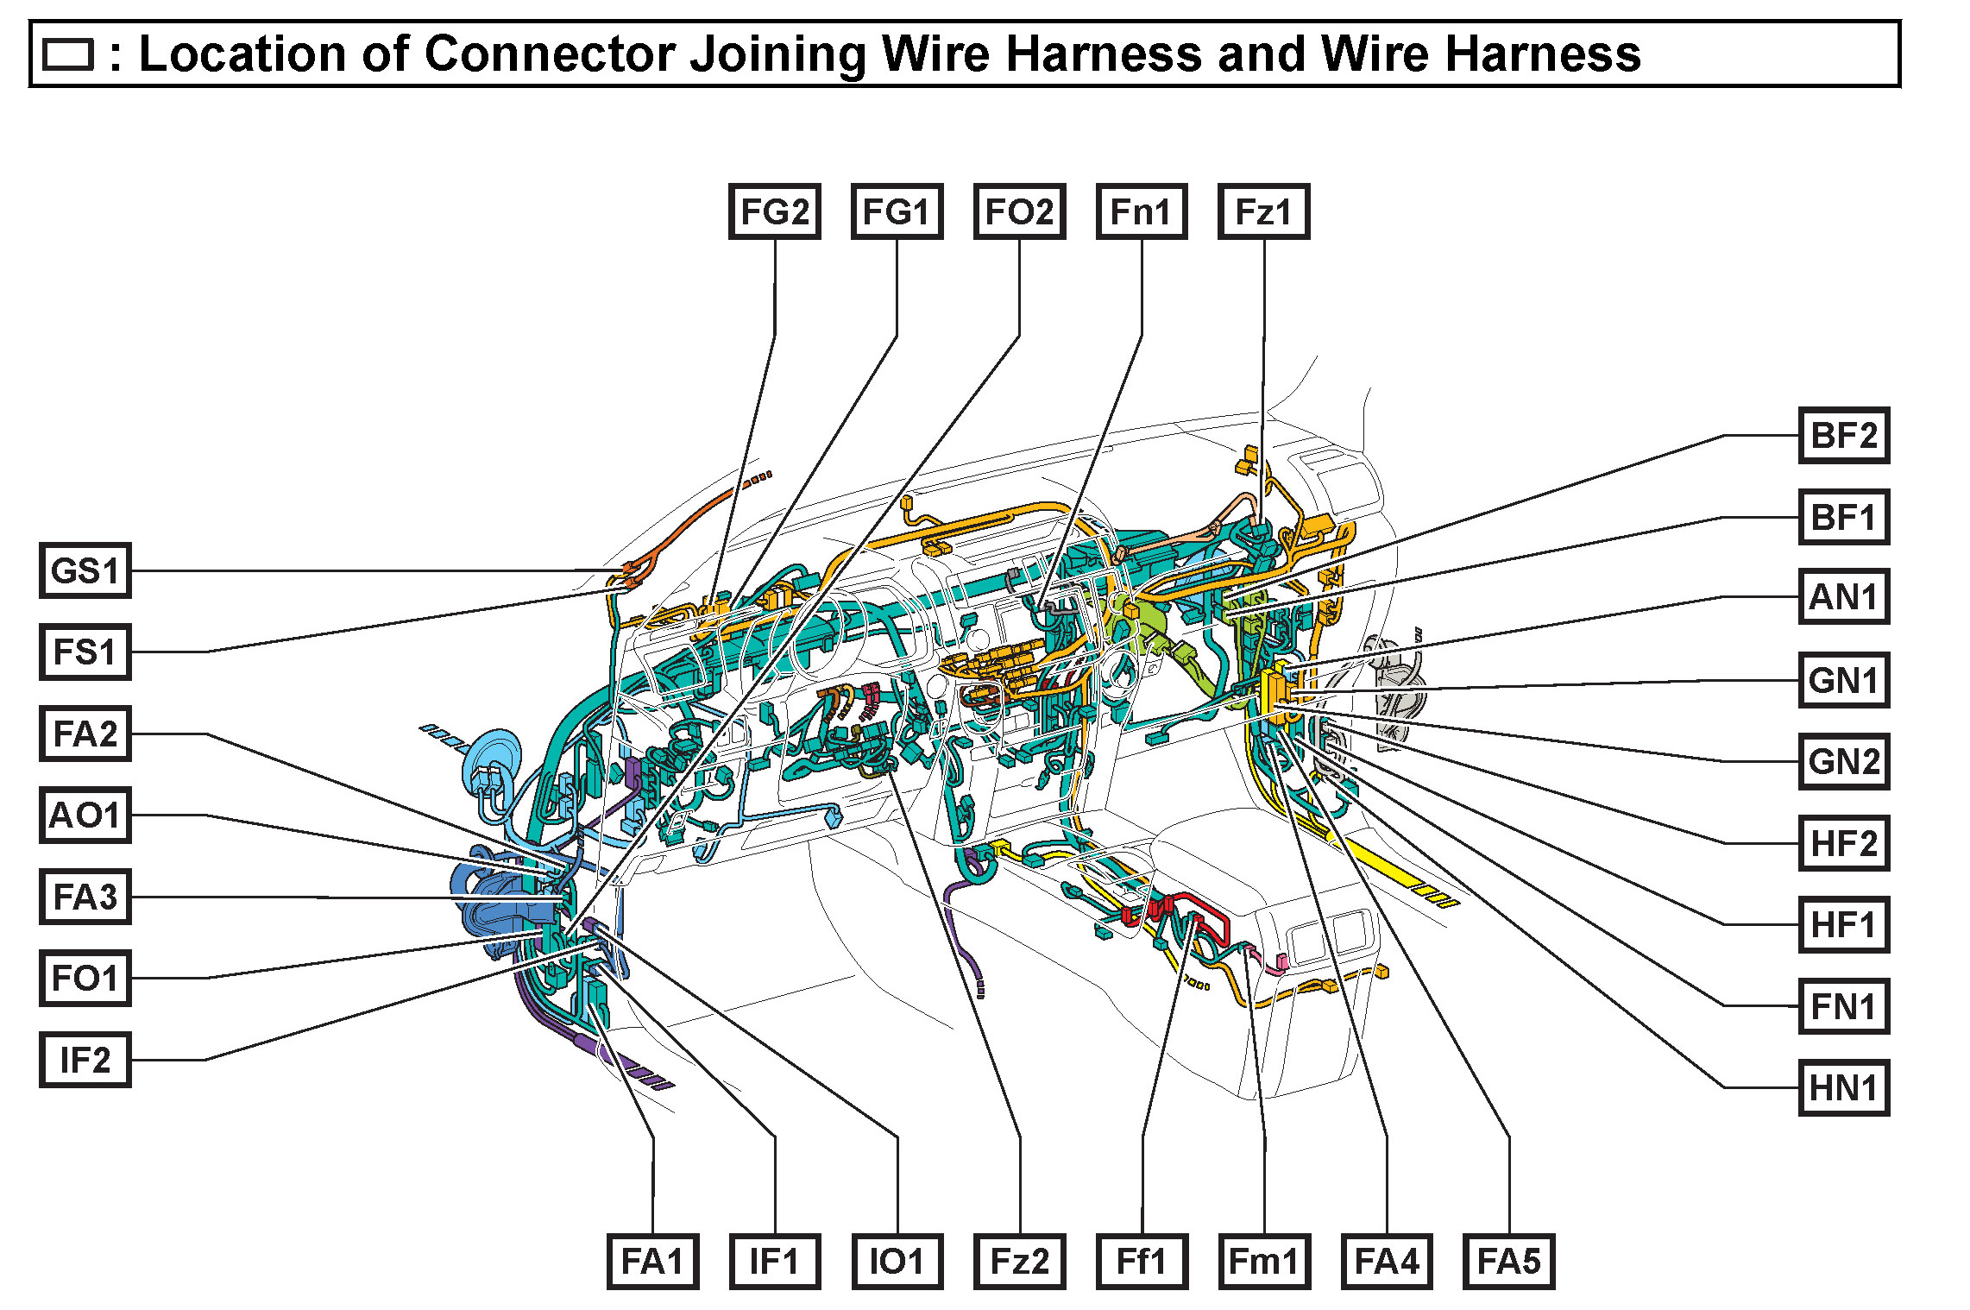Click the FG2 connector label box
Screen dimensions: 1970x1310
pos(774,211)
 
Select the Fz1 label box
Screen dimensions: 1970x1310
pos(1263,211)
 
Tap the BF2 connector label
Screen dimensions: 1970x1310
pos(1843,435)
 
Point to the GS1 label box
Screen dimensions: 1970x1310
pos(85,570)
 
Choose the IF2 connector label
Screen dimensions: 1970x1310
pos(85,1060)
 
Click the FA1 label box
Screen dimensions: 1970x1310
pos(652,1262)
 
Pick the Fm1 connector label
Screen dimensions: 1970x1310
pos(1263,1262)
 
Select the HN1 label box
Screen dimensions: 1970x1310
pos(1843,1087)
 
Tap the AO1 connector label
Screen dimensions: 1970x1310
pos(85,816)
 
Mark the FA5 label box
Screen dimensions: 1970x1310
pos(1508,1262)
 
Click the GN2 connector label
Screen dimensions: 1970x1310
pos(1843,761)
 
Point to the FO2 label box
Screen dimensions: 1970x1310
pos(1019,211)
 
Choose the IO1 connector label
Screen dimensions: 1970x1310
pos(897,1262)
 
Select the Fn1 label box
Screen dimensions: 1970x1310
pos(1141,211)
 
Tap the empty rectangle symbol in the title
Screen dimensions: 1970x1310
pos(67,54)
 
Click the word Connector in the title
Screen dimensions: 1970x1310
pos(549,54)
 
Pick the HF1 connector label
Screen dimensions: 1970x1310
pos(1843,924)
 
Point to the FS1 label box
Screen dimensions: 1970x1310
pos(85,652)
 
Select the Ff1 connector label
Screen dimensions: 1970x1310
pos(1141,1262)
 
